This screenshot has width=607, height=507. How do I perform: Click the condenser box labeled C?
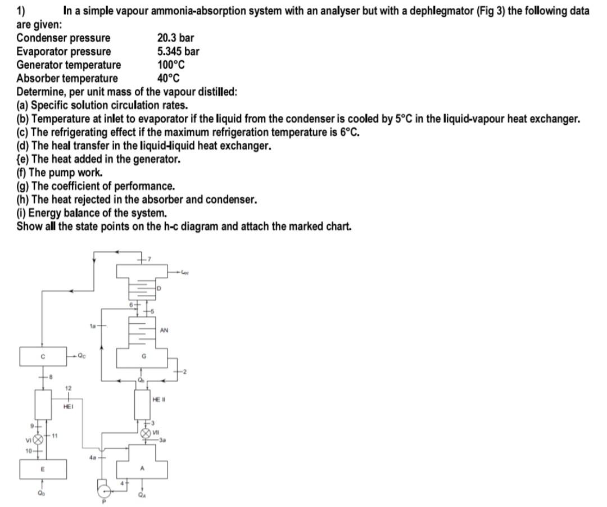(43, 356)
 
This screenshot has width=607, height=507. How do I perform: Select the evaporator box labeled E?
(43, 468)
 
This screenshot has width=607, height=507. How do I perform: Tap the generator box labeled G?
(143, 356)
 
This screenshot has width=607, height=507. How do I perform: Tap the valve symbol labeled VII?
(148, 433)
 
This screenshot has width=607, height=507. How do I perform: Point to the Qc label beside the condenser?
(83, 356)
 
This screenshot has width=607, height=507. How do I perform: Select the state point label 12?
(68, 387)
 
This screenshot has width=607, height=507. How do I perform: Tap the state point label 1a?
(93, 325)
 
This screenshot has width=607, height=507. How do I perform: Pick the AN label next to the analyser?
(164, 331)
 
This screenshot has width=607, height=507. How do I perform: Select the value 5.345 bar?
(178, 51)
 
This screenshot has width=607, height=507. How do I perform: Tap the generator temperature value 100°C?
(171, 65)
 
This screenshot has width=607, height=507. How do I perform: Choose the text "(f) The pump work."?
(60, 173)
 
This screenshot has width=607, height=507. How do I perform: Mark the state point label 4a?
(92, 458)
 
